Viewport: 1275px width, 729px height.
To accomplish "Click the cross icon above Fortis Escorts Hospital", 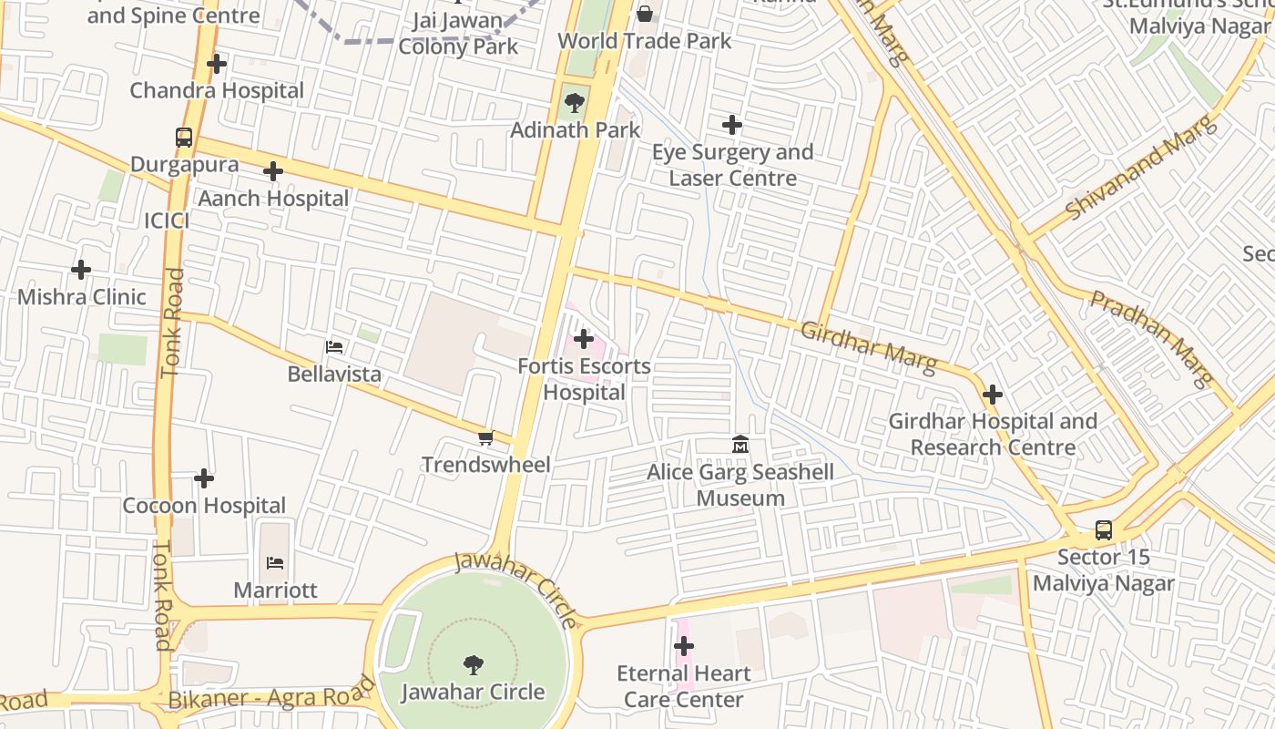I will (x=584, y=340).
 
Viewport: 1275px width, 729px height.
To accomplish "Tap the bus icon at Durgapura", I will (x=184, y=138).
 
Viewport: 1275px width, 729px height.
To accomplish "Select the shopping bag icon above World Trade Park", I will (x=645, y=14).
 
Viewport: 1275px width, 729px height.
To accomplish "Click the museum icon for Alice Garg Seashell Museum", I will (x=740, y=445).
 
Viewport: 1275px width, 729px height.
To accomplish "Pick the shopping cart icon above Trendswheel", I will (x=485, y=438).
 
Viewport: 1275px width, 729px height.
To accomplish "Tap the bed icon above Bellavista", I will (x=334, y=347).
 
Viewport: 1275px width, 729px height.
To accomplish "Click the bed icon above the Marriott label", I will (x=275, y=563).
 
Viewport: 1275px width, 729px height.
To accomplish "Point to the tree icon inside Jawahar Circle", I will (x=473, y=664).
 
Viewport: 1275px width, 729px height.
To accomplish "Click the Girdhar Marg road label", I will (x=867, y=347).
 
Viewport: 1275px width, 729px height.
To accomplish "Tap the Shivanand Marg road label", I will (x=1141, y=168).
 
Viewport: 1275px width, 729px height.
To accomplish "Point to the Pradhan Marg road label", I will (x=1152, y=338).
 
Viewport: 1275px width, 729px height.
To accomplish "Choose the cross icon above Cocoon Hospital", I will (x=204, y=478).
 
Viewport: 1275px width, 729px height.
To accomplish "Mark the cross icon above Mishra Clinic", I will (x=81, y=270).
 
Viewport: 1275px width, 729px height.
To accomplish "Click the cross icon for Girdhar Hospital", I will (x=993, y=395).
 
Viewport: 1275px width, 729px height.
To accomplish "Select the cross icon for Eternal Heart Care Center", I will (x=684, y=647).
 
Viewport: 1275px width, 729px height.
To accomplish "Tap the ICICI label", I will (x=167, y=221).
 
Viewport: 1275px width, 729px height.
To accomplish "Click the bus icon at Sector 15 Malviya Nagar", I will (x=1104, y=530).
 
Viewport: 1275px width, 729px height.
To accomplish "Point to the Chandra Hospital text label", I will (x=217, y=90).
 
